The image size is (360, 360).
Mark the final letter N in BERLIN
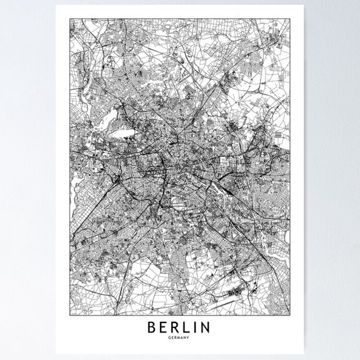click(x=211, y=327)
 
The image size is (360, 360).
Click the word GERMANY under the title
click(x=180, y=337)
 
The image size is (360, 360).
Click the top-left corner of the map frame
click(x=68, y=19)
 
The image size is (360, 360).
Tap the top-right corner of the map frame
click(x=292, y=19)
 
